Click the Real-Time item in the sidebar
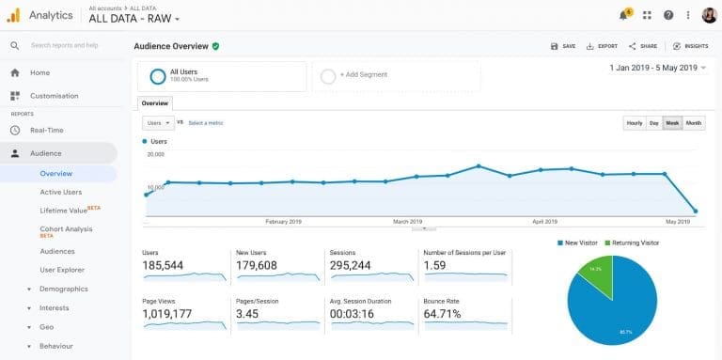[x=46, y=131]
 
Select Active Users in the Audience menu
[x=60, y=192]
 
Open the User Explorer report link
[x=62, y=270]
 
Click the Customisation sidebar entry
[x=55, y=96]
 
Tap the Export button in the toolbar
[x=602, y=46]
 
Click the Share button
[x=644, y=46]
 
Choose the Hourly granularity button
[x=635, y=123]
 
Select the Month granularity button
[x=694, y=123]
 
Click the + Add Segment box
[x=395, y=75]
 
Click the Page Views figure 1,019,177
[x=166, y=313]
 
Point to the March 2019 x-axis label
[x=407, y=222]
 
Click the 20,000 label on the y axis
[x=155, y=154]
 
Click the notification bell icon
[x=623, y=15]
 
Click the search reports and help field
[x=66, y=45]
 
